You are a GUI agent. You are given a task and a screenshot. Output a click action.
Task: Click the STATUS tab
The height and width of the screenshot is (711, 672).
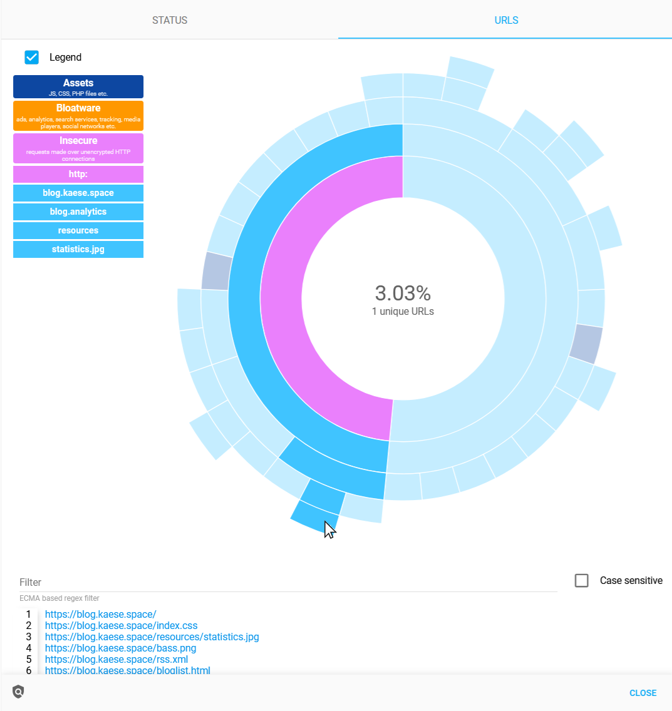(x=170, y=20)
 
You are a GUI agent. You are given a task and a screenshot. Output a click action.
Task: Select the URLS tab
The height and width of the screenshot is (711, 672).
(x=506, y=20)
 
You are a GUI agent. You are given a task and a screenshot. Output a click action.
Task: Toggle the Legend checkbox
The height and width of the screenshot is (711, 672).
(x=32, y=57)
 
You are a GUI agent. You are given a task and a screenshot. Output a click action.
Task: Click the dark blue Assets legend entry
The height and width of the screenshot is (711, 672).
(x=78, y=87)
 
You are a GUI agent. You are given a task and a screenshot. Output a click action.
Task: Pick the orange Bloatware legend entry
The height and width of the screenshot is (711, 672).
(x=78, y=116)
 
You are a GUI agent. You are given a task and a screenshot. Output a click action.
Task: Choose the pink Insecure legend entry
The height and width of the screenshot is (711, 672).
(x=78, y=148)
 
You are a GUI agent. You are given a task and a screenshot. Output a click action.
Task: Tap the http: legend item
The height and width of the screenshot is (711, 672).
(x=78, y=174)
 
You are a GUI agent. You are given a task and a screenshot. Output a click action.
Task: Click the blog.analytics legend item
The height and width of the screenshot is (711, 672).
(x=78, y=212)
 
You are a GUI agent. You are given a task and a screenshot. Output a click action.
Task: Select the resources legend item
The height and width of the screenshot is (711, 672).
(x=78, y=230)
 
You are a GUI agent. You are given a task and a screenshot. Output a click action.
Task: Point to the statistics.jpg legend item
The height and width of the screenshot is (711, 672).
(x=78, y=249)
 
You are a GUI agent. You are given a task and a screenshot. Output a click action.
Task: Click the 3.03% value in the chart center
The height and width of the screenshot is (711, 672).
(x=403, y=293)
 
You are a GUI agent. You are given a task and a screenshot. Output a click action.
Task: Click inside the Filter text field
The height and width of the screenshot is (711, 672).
(x=288, y=582)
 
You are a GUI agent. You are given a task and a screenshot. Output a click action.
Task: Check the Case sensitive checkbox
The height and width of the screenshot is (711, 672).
(x=582, y=581)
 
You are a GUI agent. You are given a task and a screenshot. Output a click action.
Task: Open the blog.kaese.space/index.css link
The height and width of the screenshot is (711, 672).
(x=121, y=625)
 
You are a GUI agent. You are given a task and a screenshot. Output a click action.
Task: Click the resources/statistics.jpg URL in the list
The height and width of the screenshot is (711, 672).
(x=152, y=637)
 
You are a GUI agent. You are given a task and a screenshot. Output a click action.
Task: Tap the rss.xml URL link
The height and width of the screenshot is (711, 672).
(x=116, y=659)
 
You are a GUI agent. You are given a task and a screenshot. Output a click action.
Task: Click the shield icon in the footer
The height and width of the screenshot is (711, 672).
(x=18, y=692)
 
